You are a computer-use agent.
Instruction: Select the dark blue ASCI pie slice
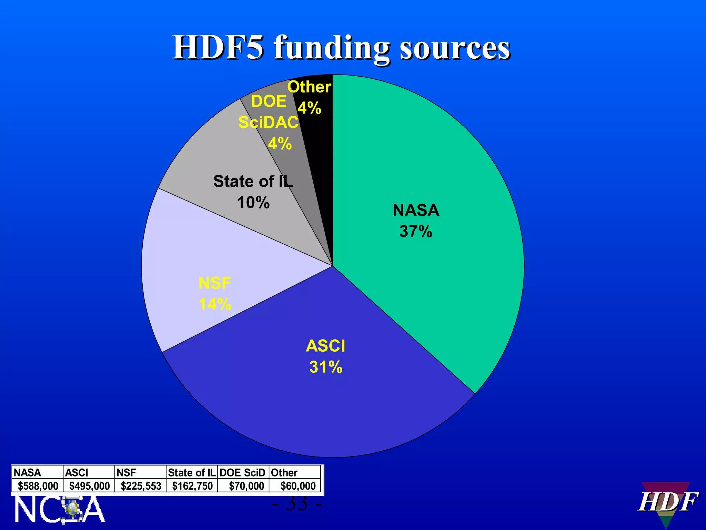[310, 407]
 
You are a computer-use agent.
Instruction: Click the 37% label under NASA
[416, 232]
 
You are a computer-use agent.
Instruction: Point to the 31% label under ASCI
[326, 367]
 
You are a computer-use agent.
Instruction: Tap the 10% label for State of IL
[253, 203]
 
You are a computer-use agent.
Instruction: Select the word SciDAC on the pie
[268, 122]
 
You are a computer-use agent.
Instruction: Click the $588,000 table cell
[38, 486]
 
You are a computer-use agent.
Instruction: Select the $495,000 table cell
[89, 486]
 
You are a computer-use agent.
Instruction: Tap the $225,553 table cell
[141, 486]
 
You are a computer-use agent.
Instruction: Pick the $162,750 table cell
[192, 486]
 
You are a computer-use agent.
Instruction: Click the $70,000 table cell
[246, 486]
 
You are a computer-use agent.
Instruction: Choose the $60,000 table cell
[298, 486]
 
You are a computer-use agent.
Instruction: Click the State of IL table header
[192, 472]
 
